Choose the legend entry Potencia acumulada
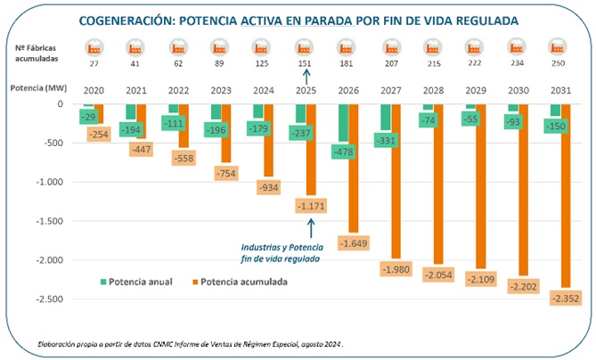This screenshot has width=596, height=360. click(x=241, y=282)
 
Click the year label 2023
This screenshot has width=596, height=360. click(x=219, y=90)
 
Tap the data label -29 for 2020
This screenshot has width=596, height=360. click(x=88, y=117)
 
